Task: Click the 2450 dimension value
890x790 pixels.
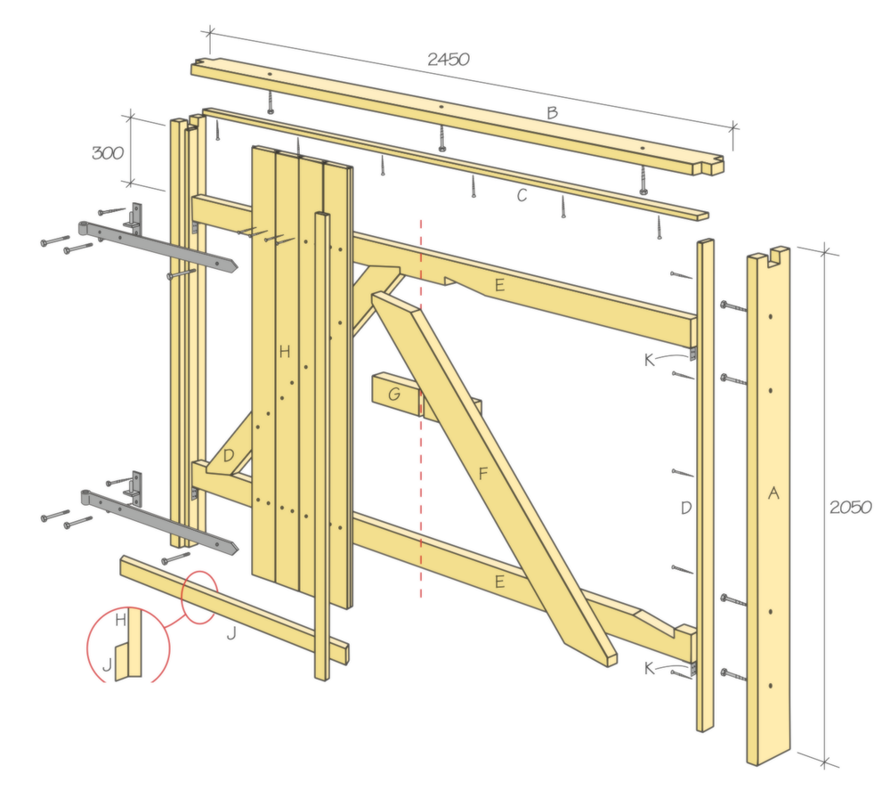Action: (449, 59)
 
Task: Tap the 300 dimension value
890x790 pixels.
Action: (108, 153)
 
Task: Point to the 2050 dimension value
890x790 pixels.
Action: (850, 507)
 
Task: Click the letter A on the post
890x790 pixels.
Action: (773, 493)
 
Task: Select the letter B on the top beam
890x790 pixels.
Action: (553, 113)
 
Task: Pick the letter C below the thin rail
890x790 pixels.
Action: (522, 195)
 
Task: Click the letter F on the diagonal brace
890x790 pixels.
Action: (483, 473)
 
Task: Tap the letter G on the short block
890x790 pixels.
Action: (394, 394)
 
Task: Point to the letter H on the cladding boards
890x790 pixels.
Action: (285, 352)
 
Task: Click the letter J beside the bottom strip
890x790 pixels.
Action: (231, 633)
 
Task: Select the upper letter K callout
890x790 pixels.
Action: (650, 360)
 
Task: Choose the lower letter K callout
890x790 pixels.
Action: (650, 669)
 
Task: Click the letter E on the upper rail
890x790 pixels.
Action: (499, 284)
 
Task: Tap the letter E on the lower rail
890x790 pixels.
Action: (499, 582)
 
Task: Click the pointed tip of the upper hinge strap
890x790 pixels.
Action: (237, 265)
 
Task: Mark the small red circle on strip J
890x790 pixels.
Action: (198, 597)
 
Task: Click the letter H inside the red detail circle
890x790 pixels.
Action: (120, 620)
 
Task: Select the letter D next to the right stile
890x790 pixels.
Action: (686, 508)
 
